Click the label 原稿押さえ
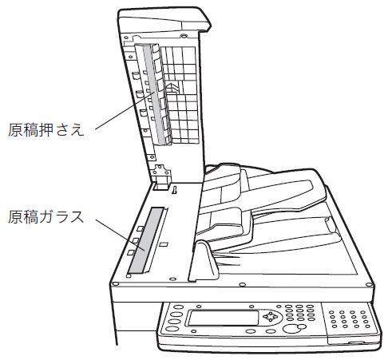click(x=46, y=129)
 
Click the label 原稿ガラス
click(x=46, y=216)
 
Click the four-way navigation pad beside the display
click(x=270, y=316)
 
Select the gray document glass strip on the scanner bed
click(x=145, y=241)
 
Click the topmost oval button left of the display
click(x=179, y=307)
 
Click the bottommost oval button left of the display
click(x=171, y=329)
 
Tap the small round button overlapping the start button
click(x=302, y=326)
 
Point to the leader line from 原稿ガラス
click(x=121, y=235)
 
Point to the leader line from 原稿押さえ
click(x=125, y=111)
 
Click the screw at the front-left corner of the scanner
click(x=115, y=284)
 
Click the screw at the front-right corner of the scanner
click(x=369, y=285)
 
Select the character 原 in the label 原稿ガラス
click(x=15, y=217)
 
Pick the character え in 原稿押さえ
click(x=77, y=130)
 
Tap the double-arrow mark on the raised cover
click(x=172, y=88)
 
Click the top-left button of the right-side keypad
click(x=331, y=312)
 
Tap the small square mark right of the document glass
click(x=164, y=244)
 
